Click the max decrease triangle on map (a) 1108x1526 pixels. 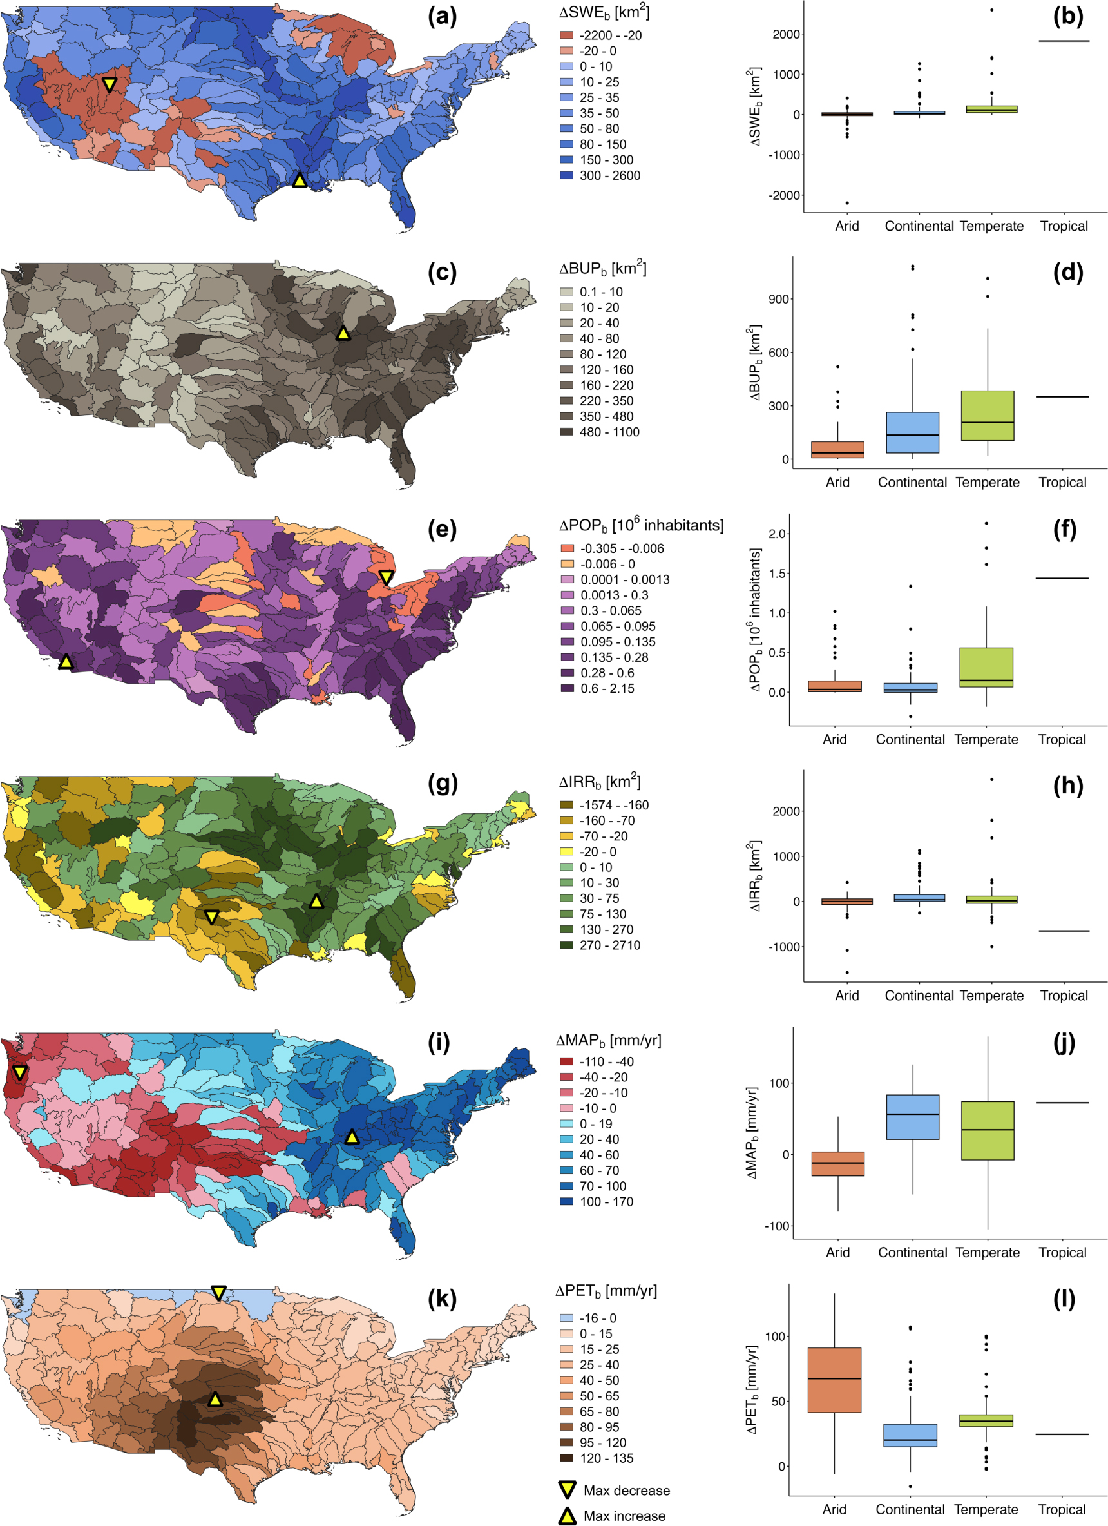tap(109, 84)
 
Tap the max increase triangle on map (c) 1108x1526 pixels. tap(343, 333)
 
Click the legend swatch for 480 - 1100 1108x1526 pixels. tap(566, 432)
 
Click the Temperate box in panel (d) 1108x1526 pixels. tap(988, 416)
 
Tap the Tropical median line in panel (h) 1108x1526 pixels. tap(1064, 931)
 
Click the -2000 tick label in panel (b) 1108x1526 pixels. tap(786, 195)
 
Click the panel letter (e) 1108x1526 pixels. tap(442, 530)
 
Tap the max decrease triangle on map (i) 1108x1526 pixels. tap(19, 1072)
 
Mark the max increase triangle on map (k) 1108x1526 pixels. tap(215, 1400)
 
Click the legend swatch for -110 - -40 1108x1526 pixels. tap(566, 1061)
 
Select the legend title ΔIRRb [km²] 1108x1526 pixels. tap(599, 782)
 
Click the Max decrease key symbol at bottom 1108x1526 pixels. tap(568, 1490)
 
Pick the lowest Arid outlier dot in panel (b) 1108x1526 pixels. tap(847, 202)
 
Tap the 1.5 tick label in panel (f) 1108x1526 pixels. tap(777, 574)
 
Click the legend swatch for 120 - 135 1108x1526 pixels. tap(566, 1458)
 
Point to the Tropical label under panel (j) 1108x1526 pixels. tap(1062, 1252)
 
